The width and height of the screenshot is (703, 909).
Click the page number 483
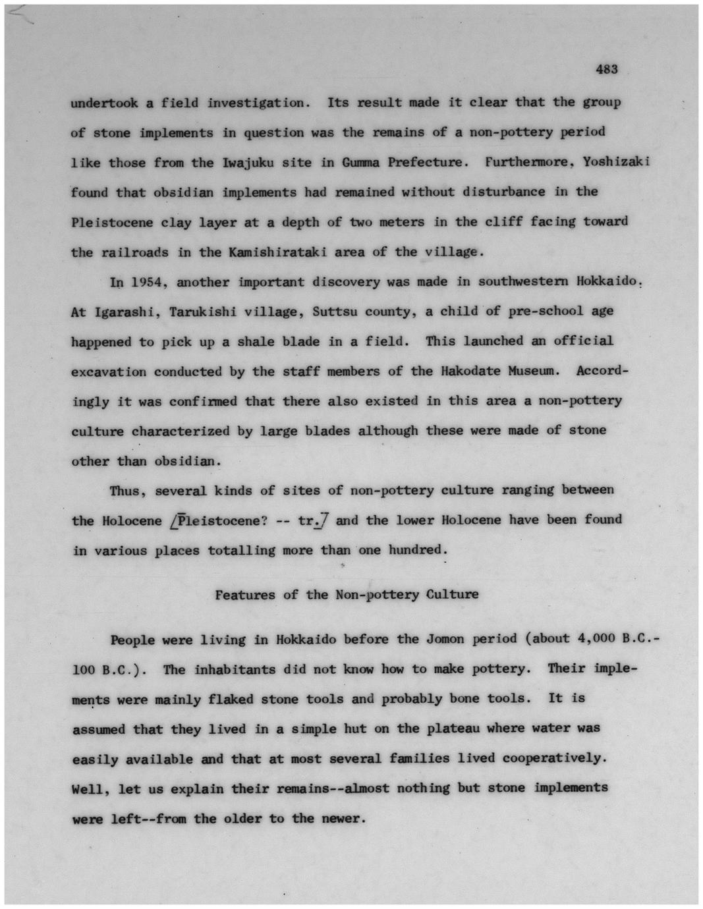tap(607, 69)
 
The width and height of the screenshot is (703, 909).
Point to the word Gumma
tap(360, 162)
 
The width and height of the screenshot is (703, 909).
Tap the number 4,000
tap(596, 638)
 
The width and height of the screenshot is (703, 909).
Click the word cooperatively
tap(552, 758)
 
